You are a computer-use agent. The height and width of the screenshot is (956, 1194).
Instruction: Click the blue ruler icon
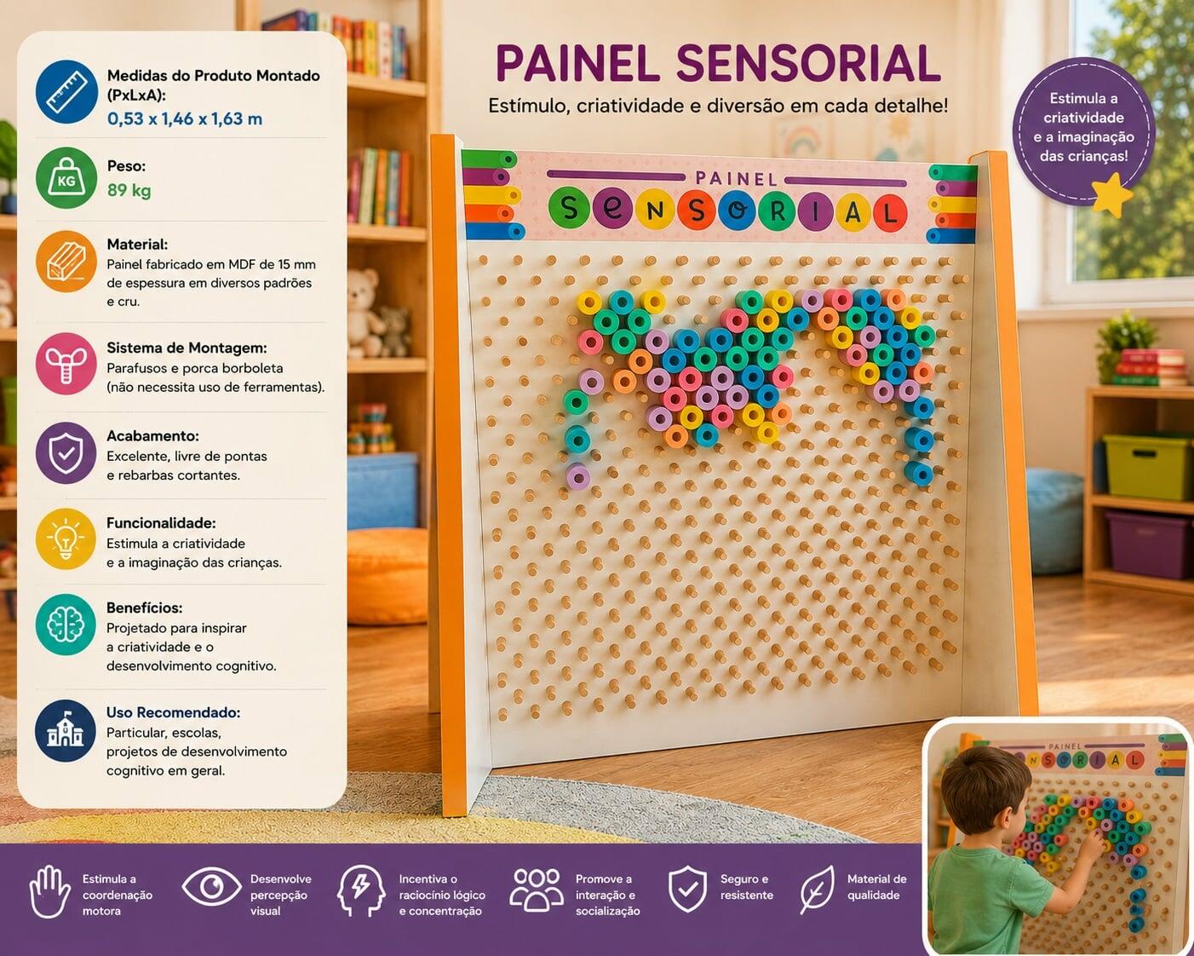click(x=66, y=92)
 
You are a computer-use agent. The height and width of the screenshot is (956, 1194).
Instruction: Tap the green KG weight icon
click(x=66, y=178)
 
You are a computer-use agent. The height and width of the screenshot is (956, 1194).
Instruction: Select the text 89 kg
click(x=129, y=190)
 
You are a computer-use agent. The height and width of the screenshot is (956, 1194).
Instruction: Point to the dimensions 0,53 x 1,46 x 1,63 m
click(x=185, y=118)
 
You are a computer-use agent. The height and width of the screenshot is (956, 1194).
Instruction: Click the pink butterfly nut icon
click(x=66, y=364)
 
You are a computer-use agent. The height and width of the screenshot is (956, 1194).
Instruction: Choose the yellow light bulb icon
click(x=66, y=538)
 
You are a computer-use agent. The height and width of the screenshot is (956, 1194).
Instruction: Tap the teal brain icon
click(x=66, y=624)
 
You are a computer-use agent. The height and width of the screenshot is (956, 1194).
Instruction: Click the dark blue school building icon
click(x=66, y=730)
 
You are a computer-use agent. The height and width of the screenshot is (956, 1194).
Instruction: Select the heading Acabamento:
click(x=152, y=435)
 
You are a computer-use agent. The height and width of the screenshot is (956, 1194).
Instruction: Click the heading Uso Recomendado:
click(x=173, y=712)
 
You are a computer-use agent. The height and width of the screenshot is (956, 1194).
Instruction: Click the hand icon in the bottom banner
click(x=50, y=891)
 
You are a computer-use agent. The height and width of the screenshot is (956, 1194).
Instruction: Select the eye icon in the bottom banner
click(x=211, y=887)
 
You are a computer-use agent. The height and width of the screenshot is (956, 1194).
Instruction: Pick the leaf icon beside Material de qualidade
click(x=818, y=890)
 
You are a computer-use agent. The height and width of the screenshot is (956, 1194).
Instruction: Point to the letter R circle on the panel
click(x=778, y=211)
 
